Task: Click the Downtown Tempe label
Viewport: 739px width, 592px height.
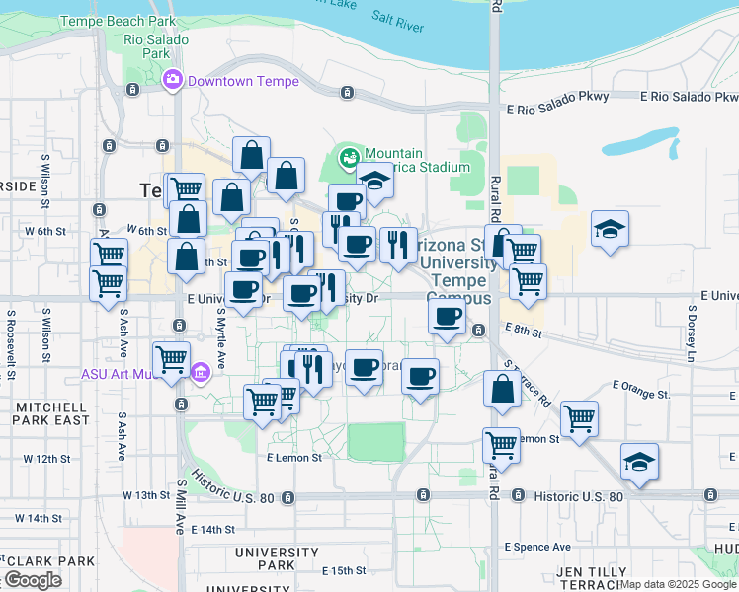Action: coord(243,82)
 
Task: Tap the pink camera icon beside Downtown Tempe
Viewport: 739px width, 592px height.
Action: coord(173,79)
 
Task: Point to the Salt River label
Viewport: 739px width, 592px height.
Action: coord(398,18)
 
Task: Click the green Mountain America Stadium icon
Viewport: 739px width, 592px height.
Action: coord(349,156)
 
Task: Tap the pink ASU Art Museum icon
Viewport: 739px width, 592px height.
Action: coord(200,373)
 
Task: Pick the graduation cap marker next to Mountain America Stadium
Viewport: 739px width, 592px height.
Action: coord(375,183)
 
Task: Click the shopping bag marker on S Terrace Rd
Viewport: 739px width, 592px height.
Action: coord(502,388)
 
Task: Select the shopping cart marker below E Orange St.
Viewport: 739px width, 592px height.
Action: coord(578,418)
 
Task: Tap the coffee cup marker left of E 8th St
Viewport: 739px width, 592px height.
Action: coord(448,317)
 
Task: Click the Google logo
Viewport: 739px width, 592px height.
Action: coord(33,580)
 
